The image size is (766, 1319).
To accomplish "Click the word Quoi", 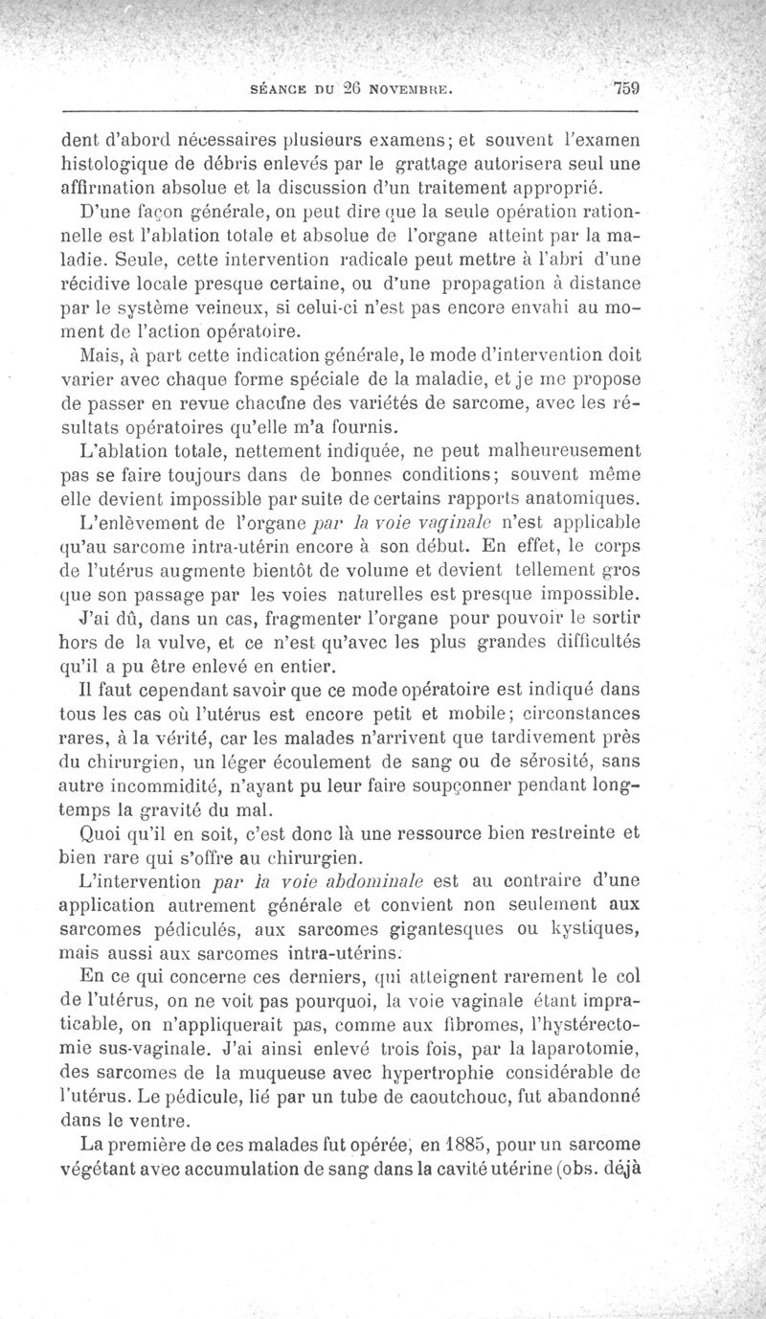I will point(106,831).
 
